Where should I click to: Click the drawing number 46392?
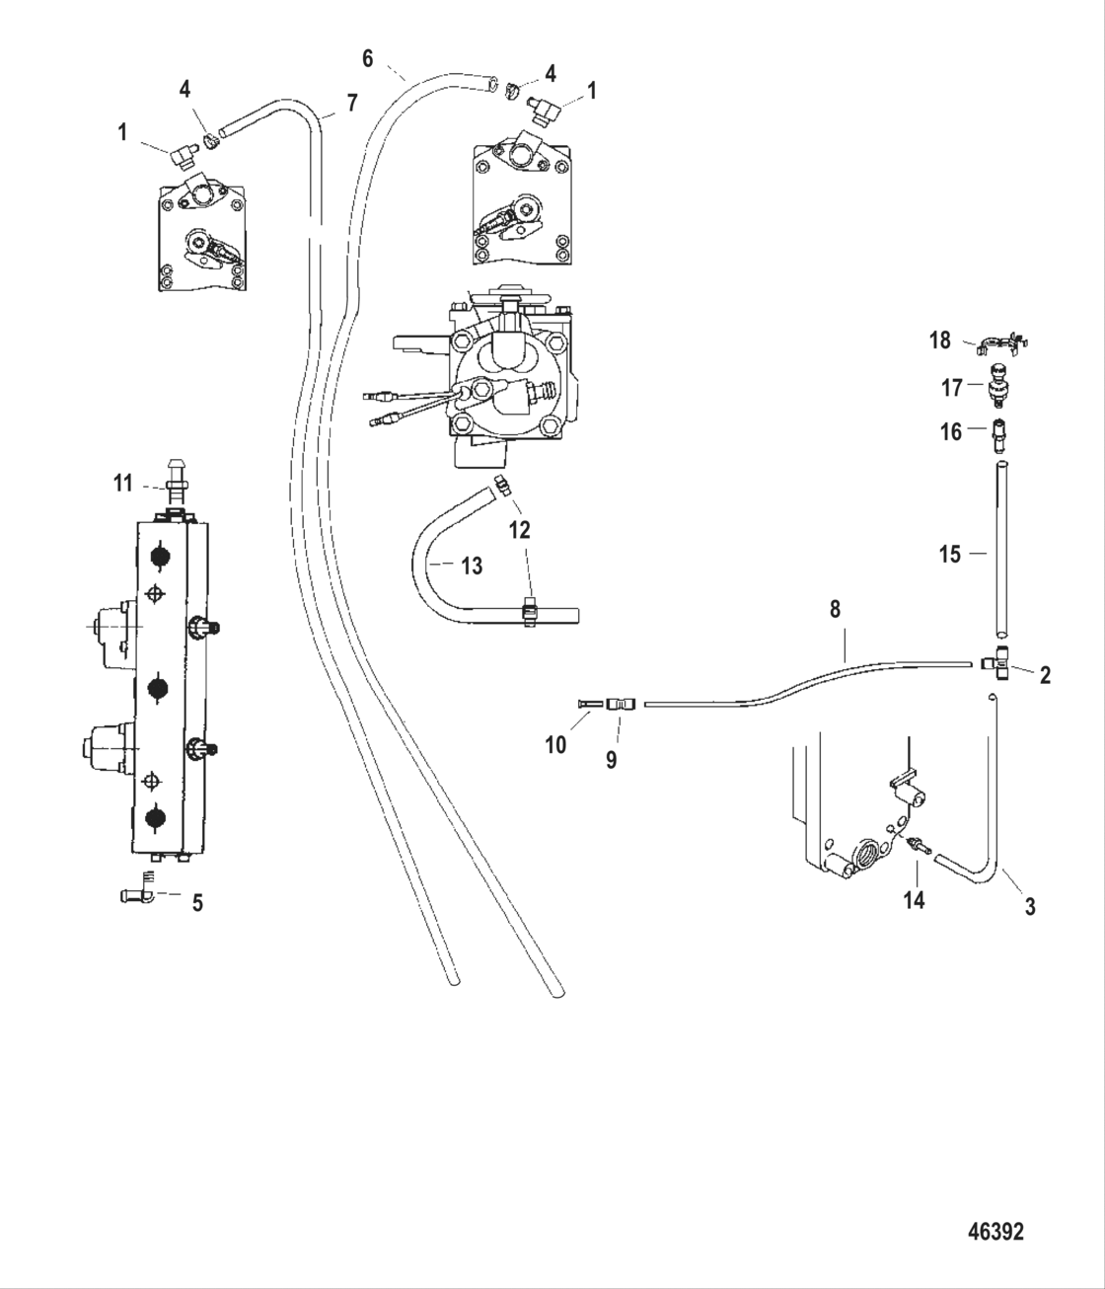(995, 1232)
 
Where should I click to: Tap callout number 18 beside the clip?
(940, 341)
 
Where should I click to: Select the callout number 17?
(951, 388)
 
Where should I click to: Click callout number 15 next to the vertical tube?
(949, 554)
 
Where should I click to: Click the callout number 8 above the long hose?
(835, 609)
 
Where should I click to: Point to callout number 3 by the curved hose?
(1030, 905)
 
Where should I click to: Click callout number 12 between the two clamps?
(519, 530)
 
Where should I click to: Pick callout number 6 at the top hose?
(368, 58)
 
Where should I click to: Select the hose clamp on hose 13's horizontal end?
(530, 612)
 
